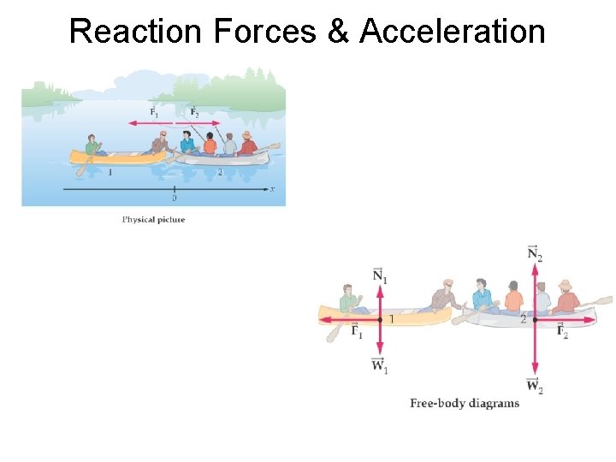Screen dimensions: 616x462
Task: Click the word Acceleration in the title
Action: pos(453,32)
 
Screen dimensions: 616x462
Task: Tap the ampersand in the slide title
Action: pos(342,32)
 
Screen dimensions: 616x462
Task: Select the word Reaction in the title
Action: pos(136,32)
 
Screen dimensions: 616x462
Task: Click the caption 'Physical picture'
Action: pos(153,220)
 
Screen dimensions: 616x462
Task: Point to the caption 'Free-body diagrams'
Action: pos(465,403)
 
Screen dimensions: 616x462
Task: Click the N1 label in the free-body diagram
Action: pos(380,276)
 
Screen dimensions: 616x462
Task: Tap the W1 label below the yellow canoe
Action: pos(380,366)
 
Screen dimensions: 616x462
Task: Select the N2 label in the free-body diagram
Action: pos(535,253)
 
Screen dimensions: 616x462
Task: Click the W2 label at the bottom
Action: pos(535,386)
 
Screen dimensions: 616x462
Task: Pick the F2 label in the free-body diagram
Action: pos(562,332)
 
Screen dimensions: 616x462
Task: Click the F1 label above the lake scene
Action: pos(154,112)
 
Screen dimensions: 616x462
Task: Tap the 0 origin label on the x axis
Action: pos(175,198)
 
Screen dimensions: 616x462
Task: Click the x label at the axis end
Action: pos(272,188)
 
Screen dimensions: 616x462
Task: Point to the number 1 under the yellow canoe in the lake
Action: pos(110,172)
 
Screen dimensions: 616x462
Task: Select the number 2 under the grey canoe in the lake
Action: pos(220,172)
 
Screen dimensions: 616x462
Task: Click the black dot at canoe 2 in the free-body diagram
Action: pos(535,319)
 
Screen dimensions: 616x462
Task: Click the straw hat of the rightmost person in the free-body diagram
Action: pos(565,284)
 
